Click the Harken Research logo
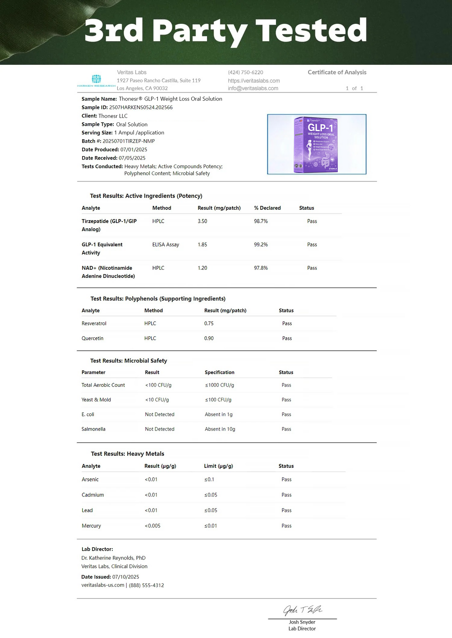click(x=96, y=81)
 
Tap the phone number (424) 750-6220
click(x=245, y=72)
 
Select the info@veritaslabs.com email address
click(x=253, y=88)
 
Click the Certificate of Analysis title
click(x=337, y=72)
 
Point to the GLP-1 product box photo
click(x=317, y=144)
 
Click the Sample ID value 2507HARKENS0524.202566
click(x=141, y=107)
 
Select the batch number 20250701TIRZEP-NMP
click(x=129, y=141)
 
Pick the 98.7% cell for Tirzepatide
click(x=261, y=221)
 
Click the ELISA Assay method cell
click(x=165, y=245)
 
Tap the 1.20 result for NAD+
click(x=202, y=268)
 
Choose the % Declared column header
click(x=267, y=208)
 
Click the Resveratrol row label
click(x=94, y=324)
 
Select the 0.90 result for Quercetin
click(x=209, y=338)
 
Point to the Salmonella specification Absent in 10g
click(x=220, y=429)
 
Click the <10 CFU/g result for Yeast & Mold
click(x=157, y=400)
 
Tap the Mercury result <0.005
click(x=152, y=526)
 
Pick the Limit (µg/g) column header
click(x=218, y=466)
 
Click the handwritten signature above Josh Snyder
click(x=302, y=610)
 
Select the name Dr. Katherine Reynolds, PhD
click(x=113, y=558)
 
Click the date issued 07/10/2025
click(x=125, y=577)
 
